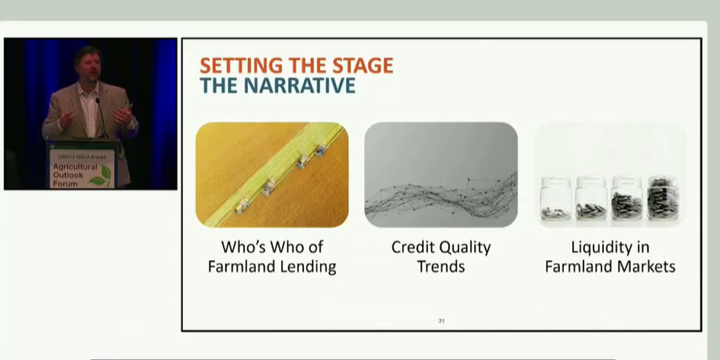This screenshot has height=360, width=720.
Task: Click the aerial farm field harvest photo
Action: coord(271,174)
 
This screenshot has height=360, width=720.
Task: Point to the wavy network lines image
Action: coord(441,174)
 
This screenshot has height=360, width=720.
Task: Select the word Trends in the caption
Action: coord(441,267)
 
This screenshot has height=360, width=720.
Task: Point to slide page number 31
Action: coord(442,321)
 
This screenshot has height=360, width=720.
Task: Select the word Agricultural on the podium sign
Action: coord(74,167)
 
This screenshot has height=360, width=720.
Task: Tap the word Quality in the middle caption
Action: coord(466,247)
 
